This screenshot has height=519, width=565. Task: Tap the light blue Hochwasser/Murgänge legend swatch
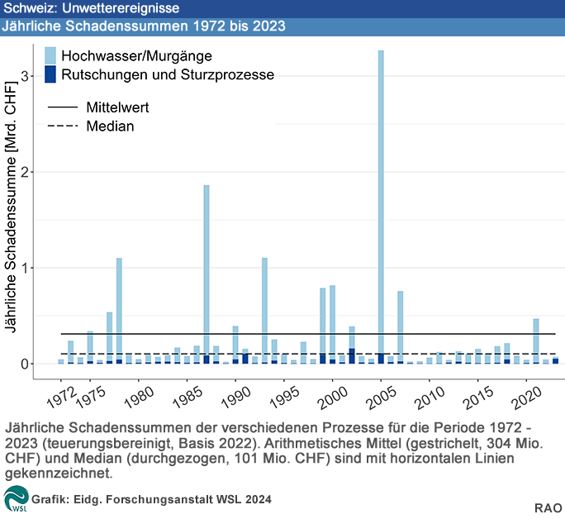tap(50, 56)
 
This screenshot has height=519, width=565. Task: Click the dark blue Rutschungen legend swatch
tap(50, 75)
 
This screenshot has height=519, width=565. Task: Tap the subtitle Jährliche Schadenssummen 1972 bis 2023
tap(145, 26)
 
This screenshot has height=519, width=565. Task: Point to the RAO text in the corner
tap(548, 506)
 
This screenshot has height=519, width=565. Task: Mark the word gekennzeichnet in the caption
tap(58, 474)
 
